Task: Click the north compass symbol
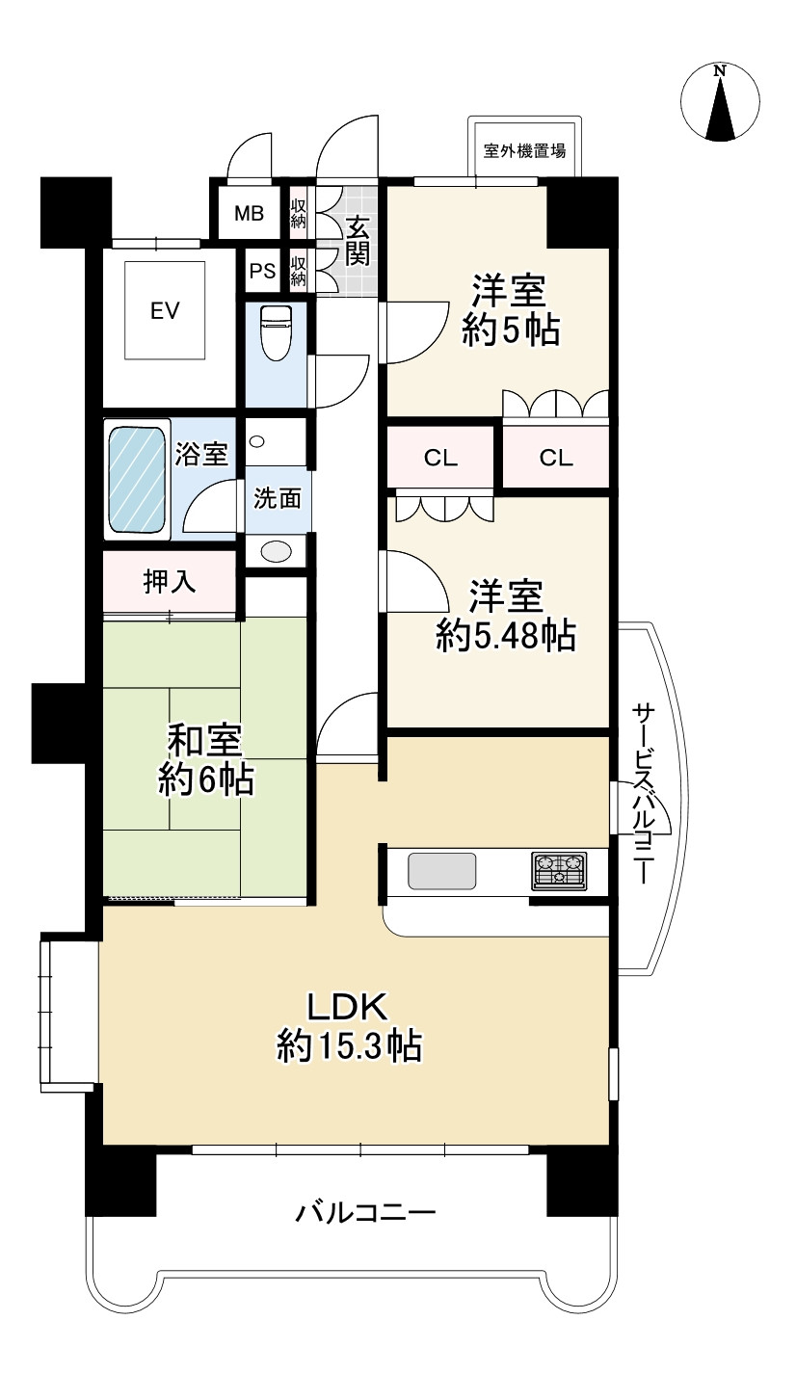[x=720, y=102]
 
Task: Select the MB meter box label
[x=250, y=214]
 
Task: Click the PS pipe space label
[x=262, y=272]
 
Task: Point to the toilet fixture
[x=278, y=332]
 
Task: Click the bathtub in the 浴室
[x=138, y=478]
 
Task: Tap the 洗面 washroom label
[x=278, y=498]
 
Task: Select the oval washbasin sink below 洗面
[x=277, y=551]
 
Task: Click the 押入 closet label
[x=170, y=583]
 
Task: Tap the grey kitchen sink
[x=441, y=871]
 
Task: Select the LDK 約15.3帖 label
[x=348, y=1025]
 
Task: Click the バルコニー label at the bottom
[x=366, y=1211]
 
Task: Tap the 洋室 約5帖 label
[x=510, y=310]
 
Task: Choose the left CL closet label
[x=441, y=458]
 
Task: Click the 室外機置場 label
[x=524, y=151]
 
